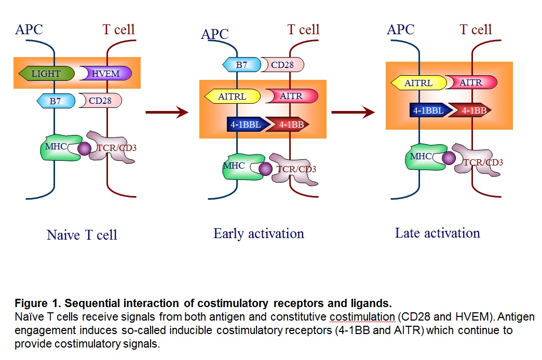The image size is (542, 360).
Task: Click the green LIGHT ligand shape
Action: [46, 74]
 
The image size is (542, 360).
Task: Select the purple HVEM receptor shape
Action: [106, 74]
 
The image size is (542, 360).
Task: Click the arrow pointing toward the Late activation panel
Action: [353, 112]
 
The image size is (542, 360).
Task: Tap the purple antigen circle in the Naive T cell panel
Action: [84, 148]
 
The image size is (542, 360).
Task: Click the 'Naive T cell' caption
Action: [82, 235]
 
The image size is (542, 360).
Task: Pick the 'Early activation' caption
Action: [259, 233]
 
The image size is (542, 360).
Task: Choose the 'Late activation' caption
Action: [437, 233]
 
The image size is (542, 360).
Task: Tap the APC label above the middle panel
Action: [215, 34]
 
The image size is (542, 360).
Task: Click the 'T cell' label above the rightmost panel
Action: [476, 30]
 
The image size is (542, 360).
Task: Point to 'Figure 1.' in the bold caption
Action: [33, 303]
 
